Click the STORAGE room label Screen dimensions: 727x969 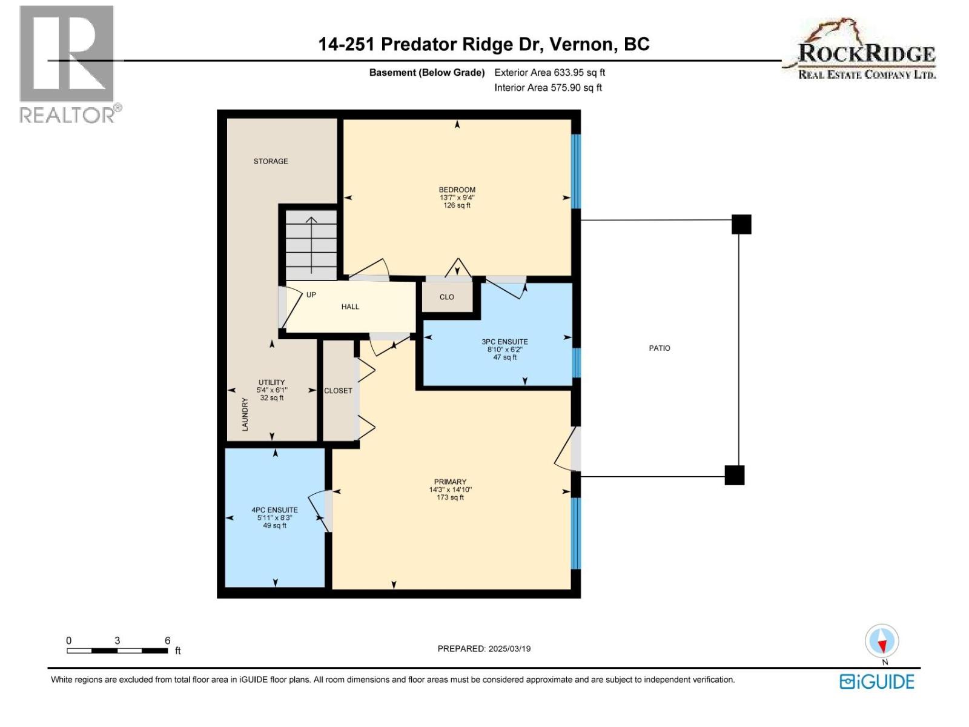[x=271, y=161]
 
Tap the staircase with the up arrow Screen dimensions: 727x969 [x=311, y=245]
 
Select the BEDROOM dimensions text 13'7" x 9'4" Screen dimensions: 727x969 [x=457, y=198]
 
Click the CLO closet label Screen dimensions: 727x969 [x=447, y=297]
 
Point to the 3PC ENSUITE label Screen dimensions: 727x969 [x=504, y=342]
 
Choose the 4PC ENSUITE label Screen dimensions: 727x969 [x=274, y=510]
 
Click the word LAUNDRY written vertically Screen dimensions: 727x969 [x=245, y=414]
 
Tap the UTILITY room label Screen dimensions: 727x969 [x=271, y=382]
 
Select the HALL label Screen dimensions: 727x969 [x=350, y=307]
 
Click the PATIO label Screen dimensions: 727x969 [x=660, y=348]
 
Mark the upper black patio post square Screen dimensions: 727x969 [x=741, y=224]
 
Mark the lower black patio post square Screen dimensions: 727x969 [x=734, y=475]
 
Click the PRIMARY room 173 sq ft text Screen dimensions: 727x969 [x=450, y=497]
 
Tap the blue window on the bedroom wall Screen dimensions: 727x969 [x=576, y=171]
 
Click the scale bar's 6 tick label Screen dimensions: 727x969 [x=167, y=640]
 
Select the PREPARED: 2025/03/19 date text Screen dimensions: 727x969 [x=484, y=648]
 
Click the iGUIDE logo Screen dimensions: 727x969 [x=877, y=682]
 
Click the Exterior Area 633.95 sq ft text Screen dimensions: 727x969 [x=549, y=72]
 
